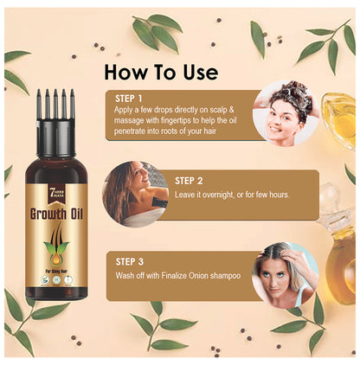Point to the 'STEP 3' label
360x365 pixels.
134,259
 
